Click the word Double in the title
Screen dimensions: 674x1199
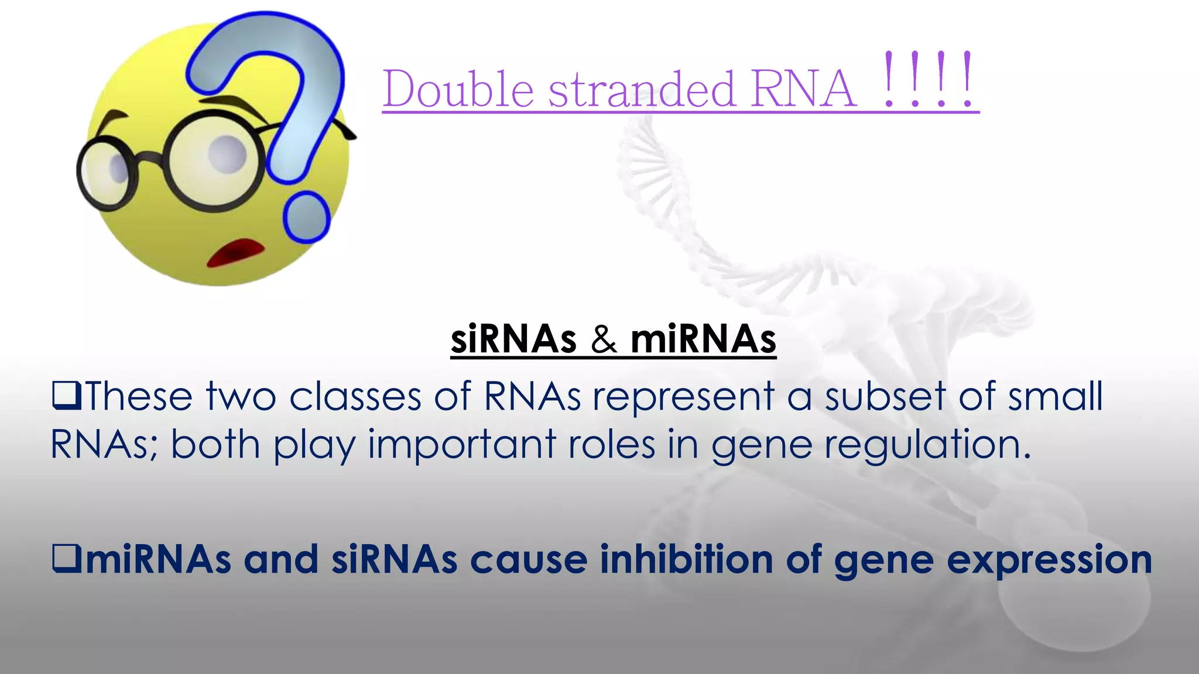tap(458, 90)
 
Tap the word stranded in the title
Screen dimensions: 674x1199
tap(642, 90)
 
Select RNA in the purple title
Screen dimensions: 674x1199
tap(803, 90)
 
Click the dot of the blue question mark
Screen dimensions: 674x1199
tap(306, 217)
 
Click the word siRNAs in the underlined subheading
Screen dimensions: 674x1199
tap(513, 339)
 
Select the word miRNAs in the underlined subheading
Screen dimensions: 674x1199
tap(703, 339)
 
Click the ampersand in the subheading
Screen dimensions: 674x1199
tap(604, 340)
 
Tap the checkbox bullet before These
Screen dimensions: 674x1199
tap(66, 396)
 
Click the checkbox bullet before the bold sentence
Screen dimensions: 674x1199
tap(66, 558)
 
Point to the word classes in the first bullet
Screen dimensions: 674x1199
tap(355, 396)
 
